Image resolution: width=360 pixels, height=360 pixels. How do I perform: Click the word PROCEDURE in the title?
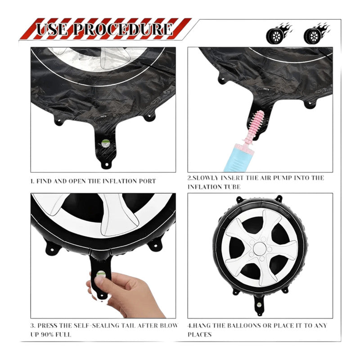(123, 29)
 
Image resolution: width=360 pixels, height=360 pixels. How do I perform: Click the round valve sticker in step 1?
(105, 143)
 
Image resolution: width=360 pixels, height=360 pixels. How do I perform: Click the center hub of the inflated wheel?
(260, 249)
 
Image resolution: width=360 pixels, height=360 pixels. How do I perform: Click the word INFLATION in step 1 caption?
(119, 181)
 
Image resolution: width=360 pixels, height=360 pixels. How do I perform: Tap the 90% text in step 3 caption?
(48, 334)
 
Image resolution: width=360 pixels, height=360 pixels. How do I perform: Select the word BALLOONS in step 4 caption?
(244, 325)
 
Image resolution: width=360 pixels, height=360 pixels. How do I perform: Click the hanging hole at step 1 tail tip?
(106, 164)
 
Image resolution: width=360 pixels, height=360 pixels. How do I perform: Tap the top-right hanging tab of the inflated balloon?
(279, 198)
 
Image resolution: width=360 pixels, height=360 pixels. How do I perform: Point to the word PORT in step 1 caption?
(147, 181)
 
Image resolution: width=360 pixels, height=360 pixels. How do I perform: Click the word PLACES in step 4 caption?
(199, 334)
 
